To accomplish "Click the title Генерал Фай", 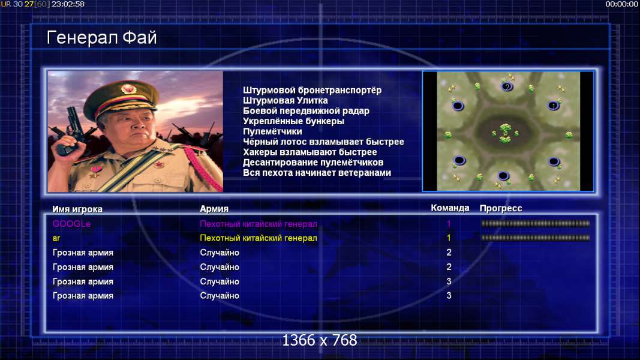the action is (101, 38).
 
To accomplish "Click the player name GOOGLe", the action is (71, 224).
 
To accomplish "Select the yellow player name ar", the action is (56, 238).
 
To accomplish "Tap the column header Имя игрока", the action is (77, 209).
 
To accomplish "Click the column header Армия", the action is (214, 209).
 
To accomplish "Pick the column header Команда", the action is (450, 208).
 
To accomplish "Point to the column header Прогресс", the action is (501, 208).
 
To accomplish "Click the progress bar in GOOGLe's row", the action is (536, 223).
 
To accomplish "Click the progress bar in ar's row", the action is (536, 238).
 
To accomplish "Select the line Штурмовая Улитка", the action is (286, 100).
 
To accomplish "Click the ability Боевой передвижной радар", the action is (306, 110).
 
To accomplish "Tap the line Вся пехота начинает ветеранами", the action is (317, 173).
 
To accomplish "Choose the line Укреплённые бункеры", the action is (293, 121).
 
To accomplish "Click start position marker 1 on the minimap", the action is (553, 106).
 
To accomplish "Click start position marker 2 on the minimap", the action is (507, 86).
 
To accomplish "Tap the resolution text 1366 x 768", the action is (320, 340).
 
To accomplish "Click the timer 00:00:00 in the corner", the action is (621, 4).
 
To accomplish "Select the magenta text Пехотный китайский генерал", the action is (259, 224).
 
